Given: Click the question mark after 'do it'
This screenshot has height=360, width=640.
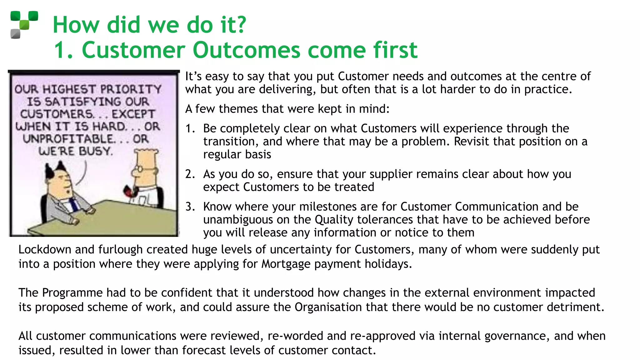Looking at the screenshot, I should coord(240,25).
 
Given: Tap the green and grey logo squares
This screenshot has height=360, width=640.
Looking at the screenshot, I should coord(24,24).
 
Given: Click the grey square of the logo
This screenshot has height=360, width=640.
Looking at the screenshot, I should coord(15,34).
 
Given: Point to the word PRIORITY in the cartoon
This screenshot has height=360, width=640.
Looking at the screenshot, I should coord(131,89).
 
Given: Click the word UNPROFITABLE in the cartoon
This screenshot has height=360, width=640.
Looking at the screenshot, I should coord(69,139).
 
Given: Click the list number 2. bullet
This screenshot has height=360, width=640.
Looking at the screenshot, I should coord(190,174).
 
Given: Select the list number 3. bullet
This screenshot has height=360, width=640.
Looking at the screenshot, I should coord(190,207).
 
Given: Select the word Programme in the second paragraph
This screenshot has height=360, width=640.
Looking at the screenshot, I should coord(72,293).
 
